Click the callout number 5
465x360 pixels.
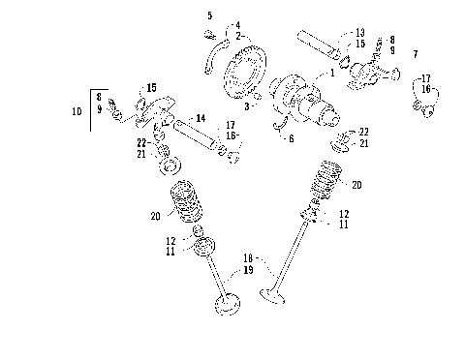pyautogui.click(x=209, y=15)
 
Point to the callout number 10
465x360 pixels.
pyautogui.click(x=77, y=111)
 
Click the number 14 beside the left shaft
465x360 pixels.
pyautogui.click(x=201, y=118)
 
